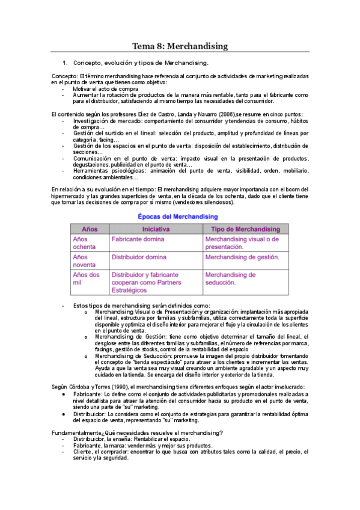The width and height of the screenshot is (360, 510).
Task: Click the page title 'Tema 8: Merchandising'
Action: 180,46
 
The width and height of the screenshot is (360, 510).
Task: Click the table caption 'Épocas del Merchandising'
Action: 177,217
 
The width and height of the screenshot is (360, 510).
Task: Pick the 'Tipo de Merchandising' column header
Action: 245,229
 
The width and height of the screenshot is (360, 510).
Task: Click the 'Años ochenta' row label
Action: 84,243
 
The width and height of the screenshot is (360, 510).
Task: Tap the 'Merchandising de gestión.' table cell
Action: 242,257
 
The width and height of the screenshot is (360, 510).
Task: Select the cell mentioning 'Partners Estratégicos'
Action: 145,283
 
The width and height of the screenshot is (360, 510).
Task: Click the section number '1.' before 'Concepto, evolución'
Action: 66,63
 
